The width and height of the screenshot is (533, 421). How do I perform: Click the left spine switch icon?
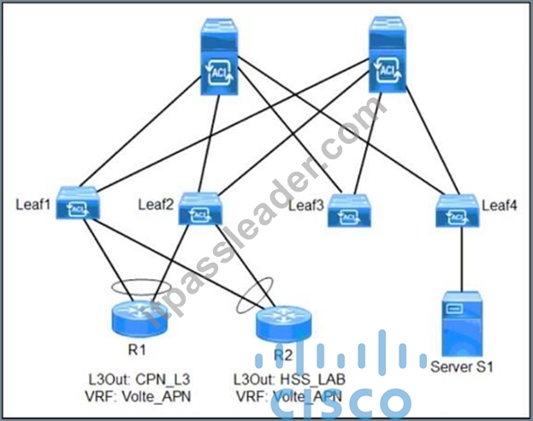click(219, 56)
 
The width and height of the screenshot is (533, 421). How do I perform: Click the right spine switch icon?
click(388, 55)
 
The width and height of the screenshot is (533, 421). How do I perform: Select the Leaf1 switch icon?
click(78, 203)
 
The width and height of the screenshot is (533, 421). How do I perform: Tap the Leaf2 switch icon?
click(200, 209)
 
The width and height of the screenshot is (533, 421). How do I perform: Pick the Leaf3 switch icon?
click(349, 210)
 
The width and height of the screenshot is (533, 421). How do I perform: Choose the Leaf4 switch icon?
click(458, 210)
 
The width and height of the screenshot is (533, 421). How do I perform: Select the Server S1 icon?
click(462, 323)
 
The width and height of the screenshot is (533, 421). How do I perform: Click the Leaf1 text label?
click(33, 205)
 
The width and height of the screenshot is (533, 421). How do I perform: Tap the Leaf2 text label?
click(156, 205)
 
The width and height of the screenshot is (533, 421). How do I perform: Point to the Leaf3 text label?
click(306, 205)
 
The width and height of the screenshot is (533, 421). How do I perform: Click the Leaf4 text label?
click(500, 205)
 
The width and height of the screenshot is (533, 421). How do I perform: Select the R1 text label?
click(137, 349)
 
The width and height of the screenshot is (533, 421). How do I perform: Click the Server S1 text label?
click(462, 366)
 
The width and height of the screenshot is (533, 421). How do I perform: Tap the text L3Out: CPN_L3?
click(139, 380)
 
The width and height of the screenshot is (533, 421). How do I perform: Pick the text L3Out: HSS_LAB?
click(289, 380)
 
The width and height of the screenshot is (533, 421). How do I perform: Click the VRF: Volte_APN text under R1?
click(138, 396)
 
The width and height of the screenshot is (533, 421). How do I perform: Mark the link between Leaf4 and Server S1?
click(462, 259)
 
